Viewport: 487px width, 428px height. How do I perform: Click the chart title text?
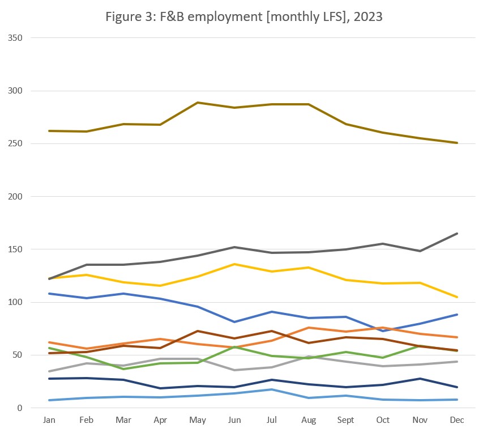244,16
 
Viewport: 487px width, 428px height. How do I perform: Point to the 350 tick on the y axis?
15,38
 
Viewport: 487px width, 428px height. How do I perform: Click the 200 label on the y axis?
15,197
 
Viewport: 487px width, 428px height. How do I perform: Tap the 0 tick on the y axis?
20,408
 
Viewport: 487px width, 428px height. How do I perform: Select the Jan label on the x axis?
49,420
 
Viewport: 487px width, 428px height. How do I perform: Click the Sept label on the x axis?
345,420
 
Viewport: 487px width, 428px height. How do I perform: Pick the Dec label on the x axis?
457,420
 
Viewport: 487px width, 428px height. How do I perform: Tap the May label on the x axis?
198,420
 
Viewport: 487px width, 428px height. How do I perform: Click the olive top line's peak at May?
198,103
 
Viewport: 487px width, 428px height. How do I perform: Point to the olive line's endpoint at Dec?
457,143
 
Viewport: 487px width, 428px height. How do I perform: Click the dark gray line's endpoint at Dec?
457,234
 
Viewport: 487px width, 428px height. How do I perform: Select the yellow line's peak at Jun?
234,264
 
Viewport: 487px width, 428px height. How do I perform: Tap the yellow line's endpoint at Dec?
457,297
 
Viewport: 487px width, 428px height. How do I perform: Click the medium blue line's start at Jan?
49,294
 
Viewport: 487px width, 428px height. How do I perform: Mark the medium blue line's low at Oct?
383,330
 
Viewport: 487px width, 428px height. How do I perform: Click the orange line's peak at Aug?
309,328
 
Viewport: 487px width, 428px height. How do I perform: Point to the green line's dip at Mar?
123,369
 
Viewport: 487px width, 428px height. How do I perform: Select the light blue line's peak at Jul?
272,389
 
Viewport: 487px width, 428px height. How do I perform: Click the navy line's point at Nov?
420,379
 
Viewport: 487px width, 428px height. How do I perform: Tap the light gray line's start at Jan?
49,371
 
